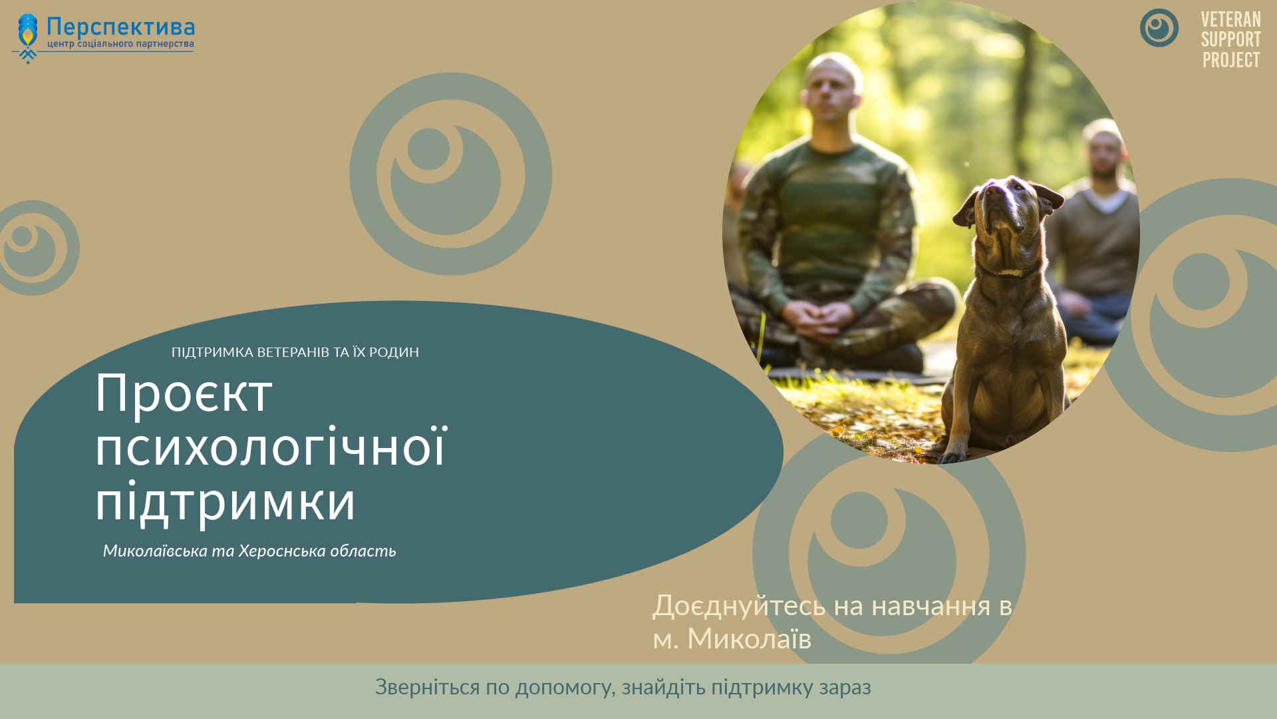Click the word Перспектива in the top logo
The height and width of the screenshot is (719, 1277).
click(120, 27)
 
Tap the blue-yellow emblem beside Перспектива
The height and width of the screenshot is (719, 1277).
click(27, 39)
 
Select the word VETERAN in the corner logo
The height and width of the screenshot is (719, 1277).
click(1230, 20)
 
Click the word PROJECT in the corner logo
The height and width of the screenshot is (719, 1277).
click(1230, 60)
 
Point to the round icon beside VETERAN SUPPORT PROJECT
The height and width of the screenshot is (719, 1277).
click(1159, 28)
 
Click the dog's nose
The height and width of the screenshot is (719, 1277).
click(995, 191)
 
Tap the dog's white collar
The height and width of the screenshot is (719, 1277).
click(1009, 272)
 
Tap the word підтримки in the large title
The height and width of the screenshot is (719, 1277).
click(225, 502)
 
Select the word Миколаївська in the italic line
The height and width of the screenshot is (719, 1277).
click(155, 551)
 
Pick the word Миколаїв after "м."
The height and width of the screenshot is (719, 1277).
click(749, 639)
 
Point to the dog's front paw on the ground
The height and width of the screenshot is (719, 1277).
click(951, 457)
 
